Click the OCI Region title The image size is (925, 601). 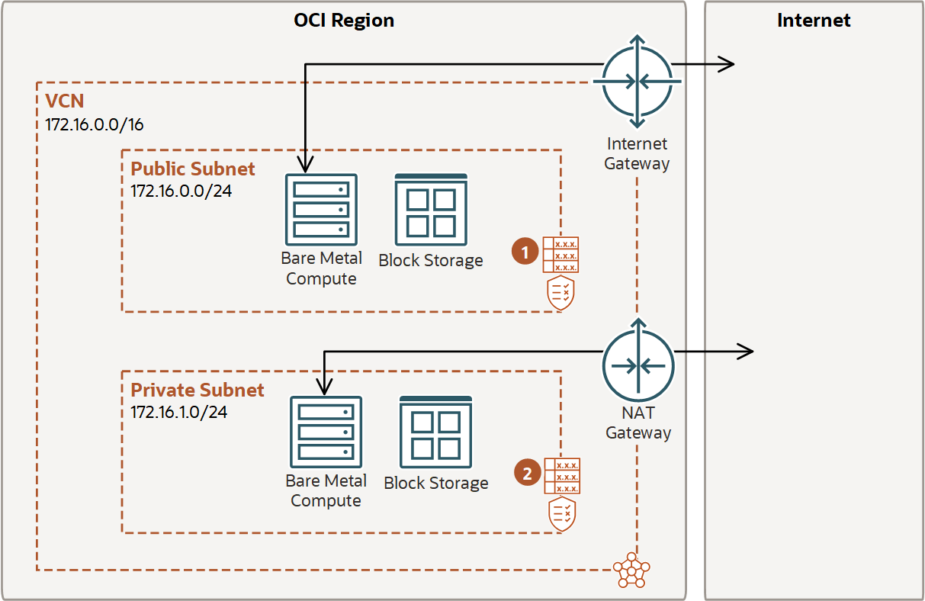344,21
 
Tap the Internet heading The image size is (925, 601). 813,21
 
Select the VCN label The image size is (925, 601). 64,101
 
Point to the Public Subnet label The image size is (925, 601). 193,169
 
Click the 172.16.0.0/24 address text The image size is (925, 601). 181,190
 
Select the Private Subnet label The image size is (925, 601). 198,390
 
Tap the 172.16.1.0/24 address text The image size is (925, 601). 178,412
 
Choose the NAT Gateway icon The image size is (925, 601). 638,365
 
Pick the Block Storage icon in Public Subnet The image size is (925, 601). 431,209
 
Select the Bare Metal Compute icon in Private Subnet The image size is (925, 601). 326,432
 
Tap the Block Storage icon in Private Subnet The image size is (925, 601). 436,432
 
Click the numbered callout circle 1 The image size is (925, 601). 525,251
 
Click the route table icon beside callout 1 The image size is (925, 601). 560,255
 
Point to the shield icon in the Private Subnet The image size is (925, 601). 562,514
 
